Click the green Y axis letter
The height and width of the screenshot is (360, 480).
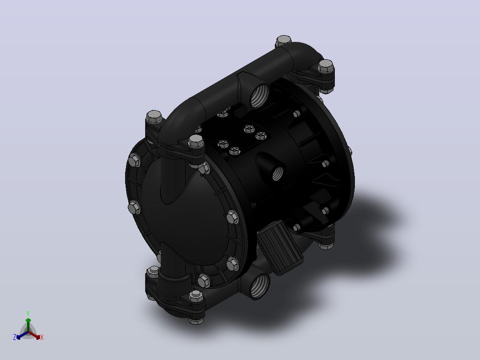[x=28, y=313]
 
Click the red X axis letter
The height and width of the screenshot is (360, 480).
[x=42, y=337]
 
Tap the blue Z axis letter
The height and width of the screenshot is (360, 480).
[x=15, y=337]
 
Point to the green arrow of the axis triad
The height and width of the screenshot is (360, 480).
[x=28, y=324]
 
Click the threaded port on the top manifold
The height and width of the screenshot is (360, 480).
[x=259, y=96]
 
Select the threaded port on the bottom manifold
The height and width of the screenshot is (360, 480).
[x=260, y=286]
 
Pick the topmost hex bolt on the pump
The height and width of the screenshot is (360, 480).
[x=284, y=41]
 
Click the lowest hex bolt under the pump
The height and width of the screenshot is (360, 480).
[x=196, y=321]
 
